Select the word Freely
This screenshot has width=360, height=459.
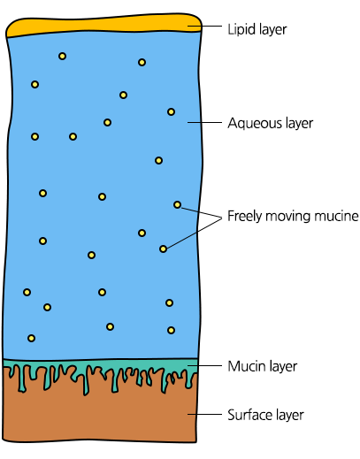(x=245, y=217)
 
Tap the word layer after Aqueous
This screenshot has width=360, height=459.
(x=295, y=123)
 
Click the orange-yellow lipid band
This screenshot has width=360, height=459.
(x=103, y=26)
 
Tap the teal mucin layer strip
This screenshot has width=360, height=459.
(x=100, y=365)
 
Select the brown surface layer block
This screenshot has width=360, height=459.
(x=100, y=418)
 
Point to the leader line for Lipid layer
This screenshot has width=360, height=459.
(x=204, y=26)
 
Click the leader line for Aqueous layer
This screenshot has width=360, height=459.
(x=204, y=122)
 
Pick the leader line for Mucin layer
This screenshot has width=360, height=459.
(x=204, y=365)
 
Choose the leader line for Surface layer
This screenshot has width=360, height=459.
(x=204, y=414)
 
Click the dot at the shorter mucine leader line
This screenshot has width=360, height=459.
(x=177, y=204)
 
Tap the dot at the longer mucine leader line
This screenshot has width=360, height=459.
(x=163, y=249)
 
